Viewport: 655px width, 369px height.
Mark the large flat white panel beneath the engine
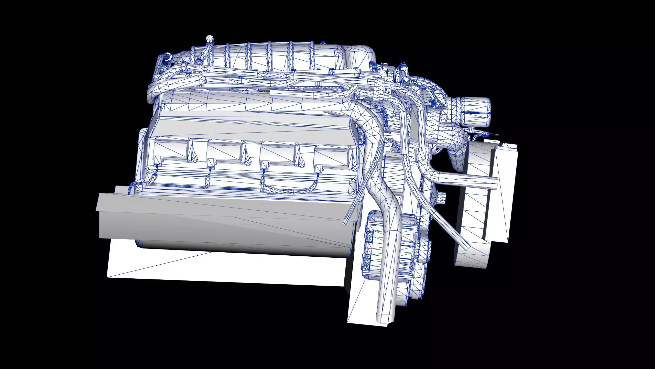pyautogui.click(x=225, y=269)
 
